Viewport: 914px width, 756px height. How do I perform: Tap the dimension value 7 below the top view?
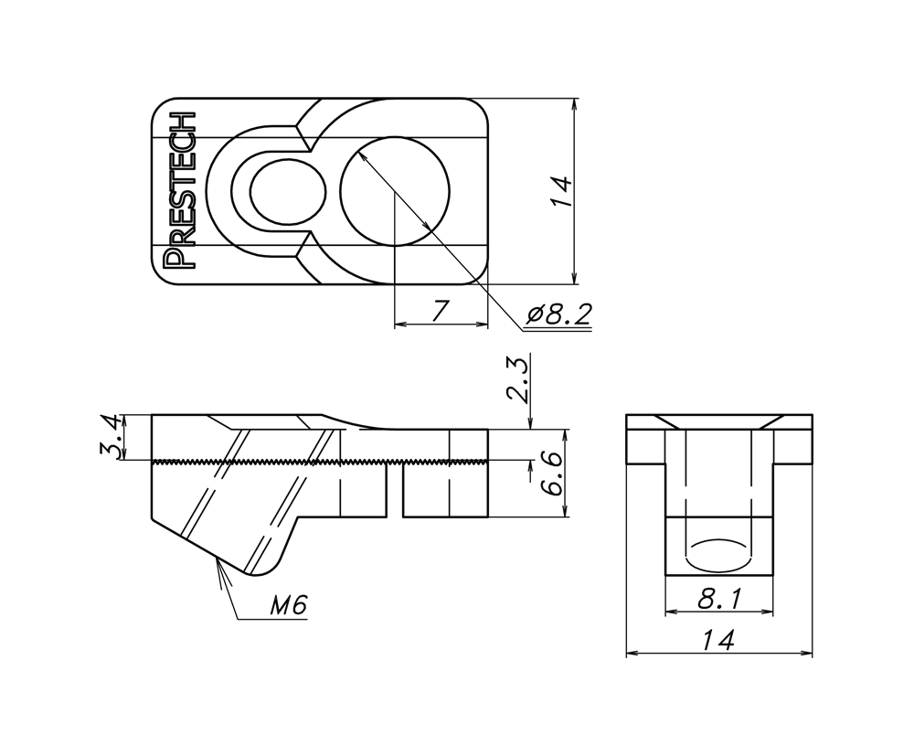click(x=440, y=311)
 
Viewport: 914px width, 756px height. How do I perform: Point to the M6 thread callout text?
click(x=289, y=604)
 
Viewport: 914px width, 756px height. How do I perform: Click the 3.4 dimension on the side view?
click(x=111, y=437)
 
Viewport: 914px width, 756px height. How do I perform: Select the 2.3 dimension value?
click(x=517, y=380)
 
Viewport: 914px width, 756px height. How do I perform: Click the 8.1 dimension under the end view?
click(x=718, y=600)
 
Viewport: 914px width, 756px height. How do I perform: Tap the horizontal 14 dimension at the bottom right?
click(x=718, y=642)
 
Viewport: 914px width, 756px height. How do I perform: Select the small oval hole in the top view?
click(x=287, y=191)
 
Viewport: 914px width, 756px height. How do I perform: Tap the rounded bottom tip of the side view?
click(x=258, y=570)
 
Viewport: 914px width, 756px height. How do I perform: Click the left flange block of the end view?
click(x=643, y=446)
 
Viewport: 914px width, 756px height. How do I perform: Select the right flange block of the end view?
click(x=794, y=446)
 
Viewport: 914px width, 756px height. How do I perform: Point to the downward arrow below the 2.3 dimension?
click(x=530, y=421)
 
